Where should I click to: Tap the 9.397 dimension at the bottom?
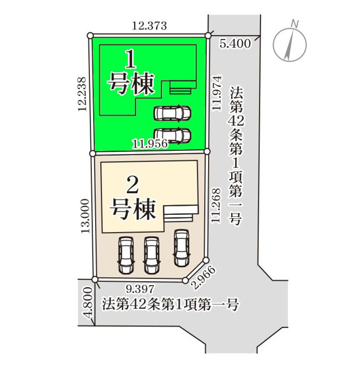[x=139, y=288]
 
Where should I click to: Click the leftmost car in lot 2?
[x=126, y=255]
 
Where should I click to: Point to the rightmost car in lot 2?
[x=180, y=247]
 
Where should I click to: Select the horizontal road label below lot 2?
[x=170, y=305]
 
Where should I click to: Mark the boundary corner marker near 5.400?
[x=209, y=36]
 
